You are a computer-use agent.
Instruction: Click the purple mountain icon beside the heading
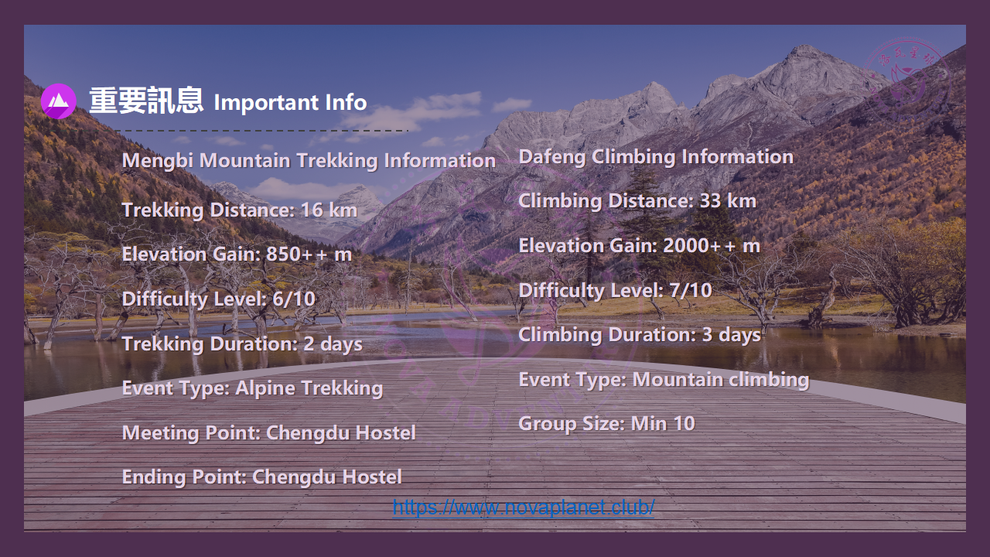click(58, 101)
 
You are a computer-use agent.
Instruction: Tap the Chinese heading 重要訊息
click(146, 101)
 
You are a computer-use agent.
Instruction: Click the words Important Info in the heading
click(290, 102)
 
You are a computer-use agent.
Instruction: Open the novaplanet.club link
click(524, 507)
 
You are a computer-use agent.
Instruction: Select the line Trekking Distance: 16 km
click(240, 210)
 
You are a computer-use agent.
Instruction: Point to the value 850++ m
click(309, 255)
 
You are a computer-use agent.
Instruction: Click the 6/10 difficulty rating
click(294, 299)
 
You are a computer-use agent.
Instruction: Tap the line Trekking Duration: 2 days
click(242, 344)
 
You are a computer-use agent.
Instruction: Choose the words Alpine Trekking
click(309, 388)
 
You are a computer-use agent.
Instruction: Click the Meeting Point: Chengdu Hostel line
click(268, 432)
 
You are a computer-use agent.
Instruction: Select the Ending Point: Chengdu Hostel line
click(261, 477)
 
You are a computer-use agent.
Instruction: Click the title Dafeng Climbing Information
click(656, 157)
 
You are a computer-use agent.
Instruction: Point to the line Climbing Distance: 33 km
click(637, 200)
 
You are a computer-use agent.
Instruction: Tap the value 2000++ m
click(712, 246)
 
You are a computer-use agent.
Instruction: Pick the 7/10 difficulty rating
click(691, 290)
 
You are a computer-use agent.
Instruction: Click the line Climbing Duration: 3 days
click(640, 335)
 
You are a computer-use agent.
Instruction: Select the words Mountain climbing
click(721, 380)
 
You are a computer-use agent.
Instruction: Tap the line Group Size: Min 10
click(606, 423)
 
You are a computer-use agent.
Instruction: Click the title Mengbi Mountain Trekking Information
click(309, 160)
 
